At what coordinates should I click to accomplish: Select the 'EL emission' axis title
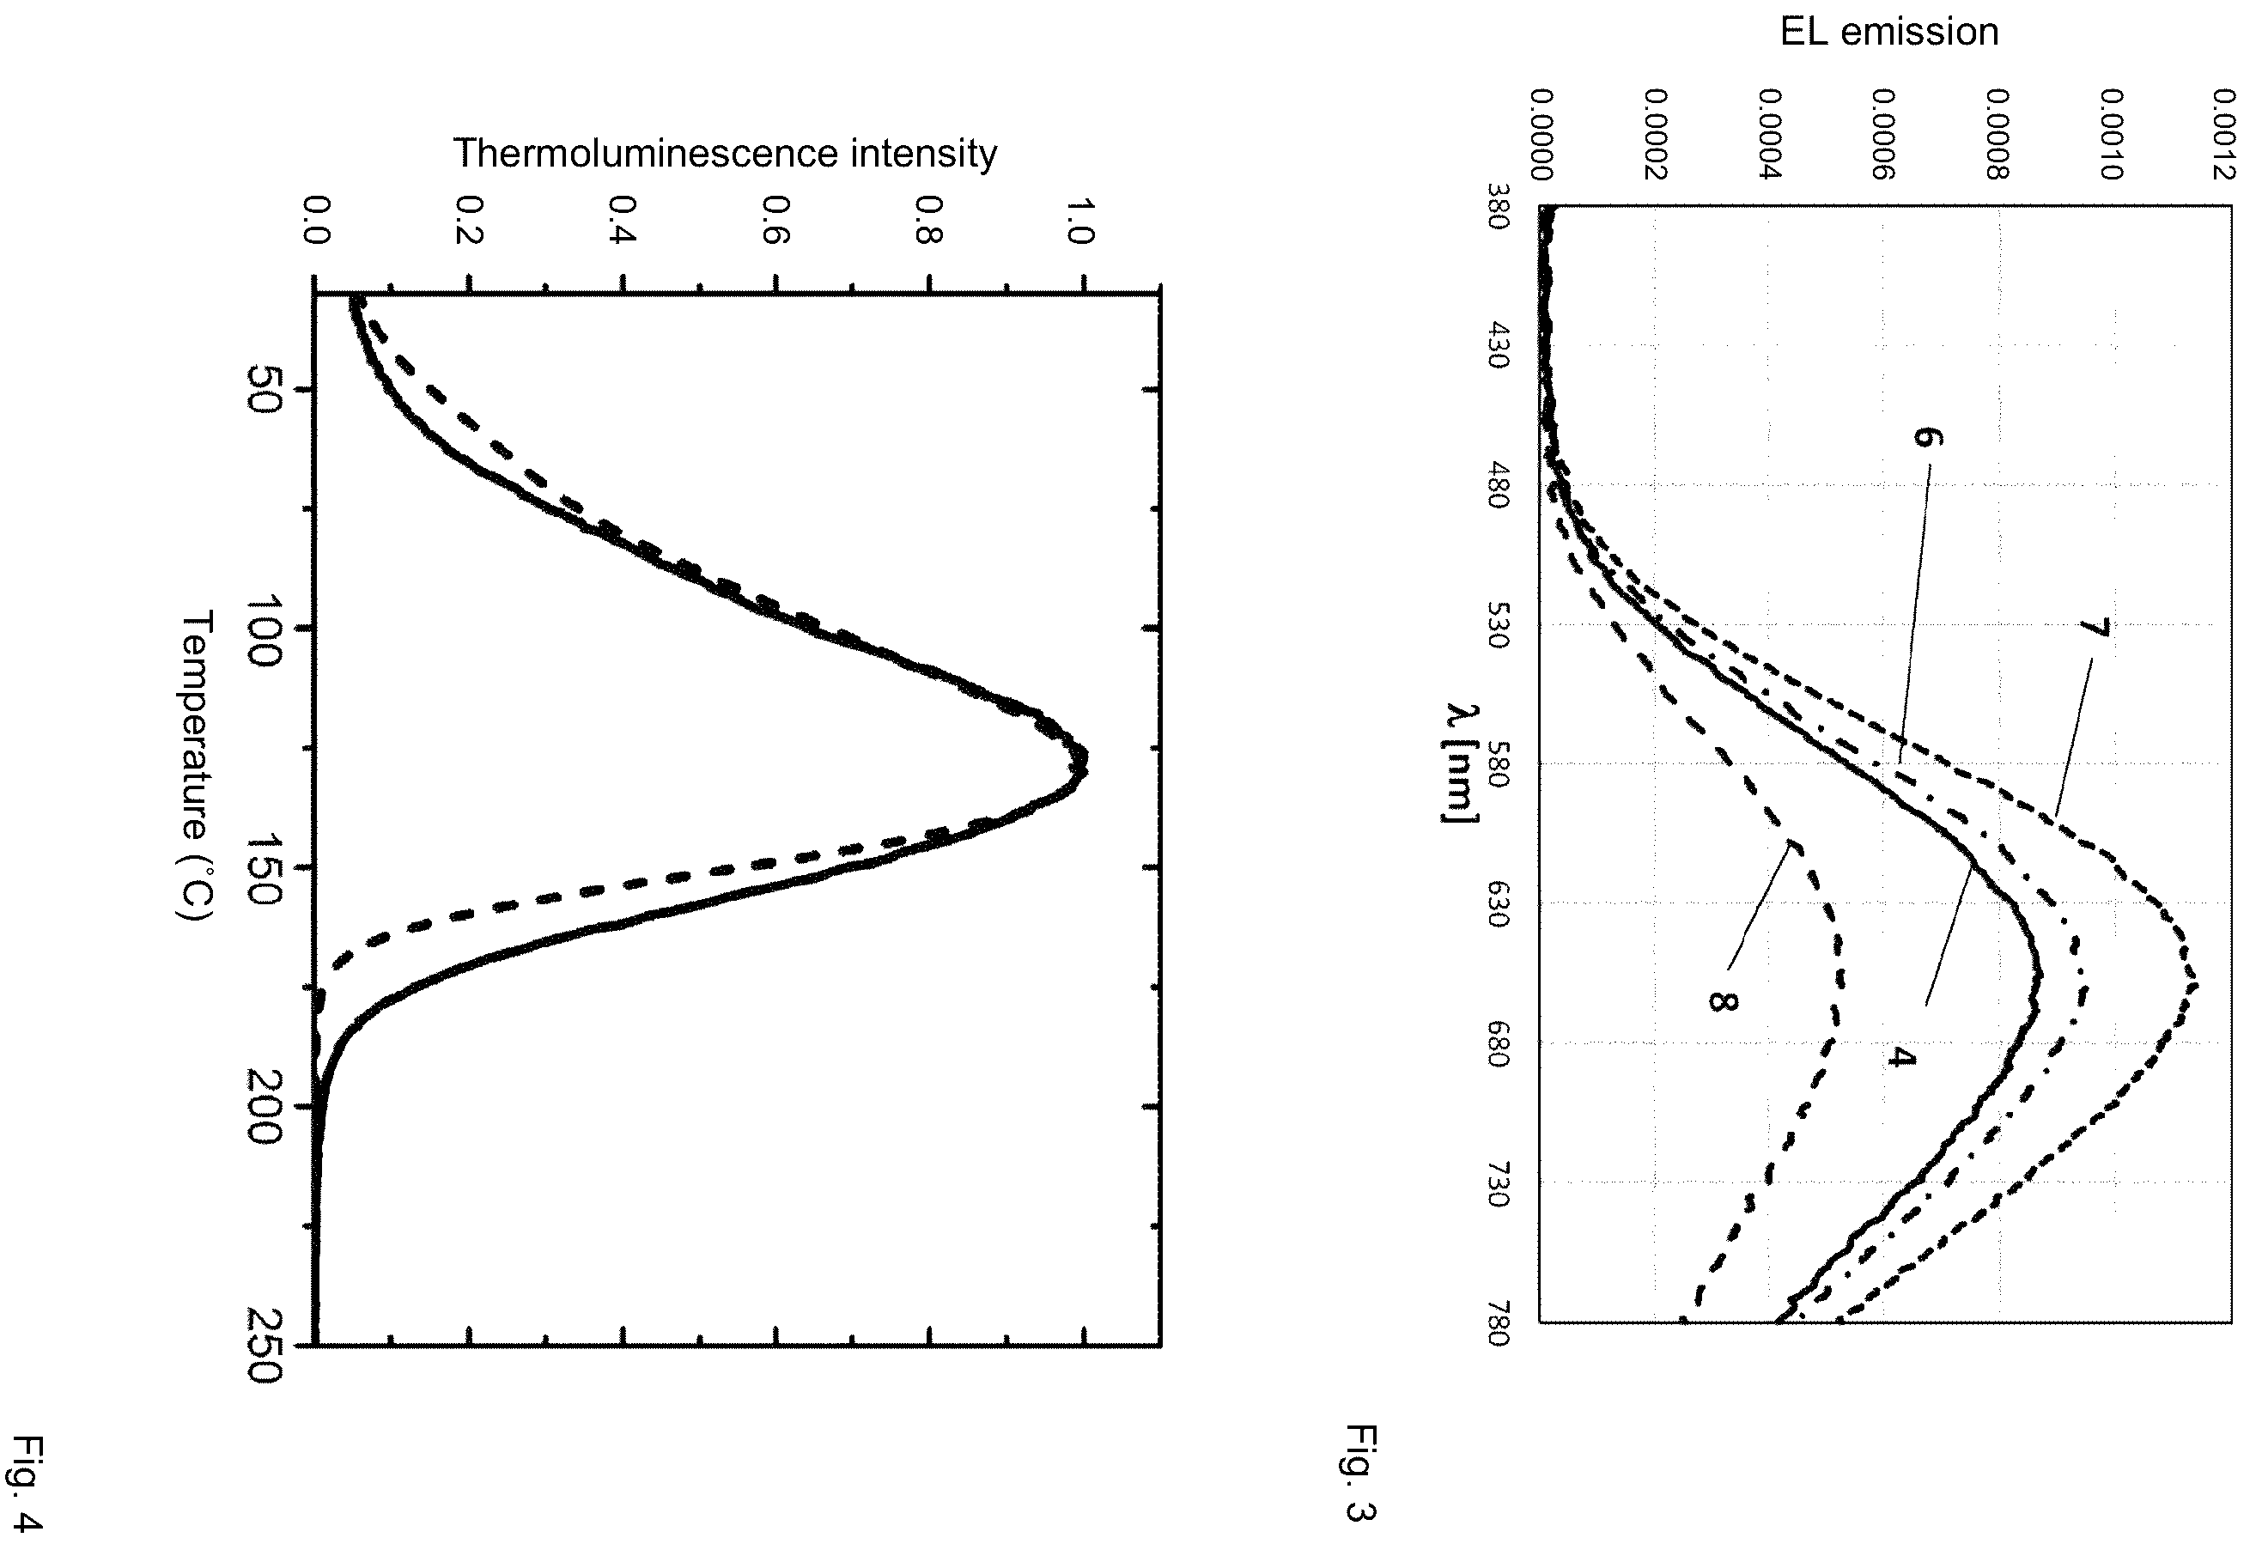[x=1889, y=32]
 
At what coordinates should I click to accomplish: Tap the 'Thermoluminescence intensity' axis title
[x=725, y=153]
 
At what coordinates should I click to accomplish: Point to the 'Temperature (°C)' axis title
[x=195, y=765]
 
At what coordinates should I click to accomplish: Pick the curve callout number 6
[x=1927, y=437]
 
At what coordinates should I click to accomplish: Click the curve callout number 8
[x=1722, y=1000]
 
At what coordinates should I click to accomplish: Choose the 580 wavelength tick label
[x=1498, y=763]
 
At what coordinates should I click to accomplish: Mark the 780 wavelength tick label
[x=1498, y=1322]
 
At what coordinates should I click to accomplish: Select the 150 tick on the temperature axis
[x=264, y=868]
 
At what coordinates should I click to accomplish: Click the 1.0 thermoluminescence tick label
[x=1082, y=221]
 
